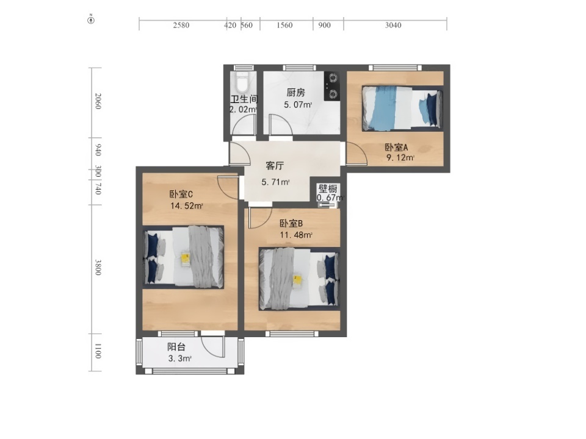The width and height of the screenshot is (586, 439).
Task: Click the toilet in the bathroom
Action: point(242,82)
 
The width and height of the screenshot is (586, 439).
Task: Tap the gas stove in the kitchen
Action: point(332,86)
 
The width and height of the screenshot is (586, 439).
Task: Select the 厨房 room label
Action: point(295,92)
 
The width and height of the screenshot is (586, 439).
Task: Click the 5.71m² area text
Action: point(275,182)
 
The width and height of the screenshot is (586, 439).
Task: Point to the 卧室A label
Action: point(396,147)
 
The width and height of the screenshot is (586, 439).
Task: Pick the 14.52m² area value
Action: point(187,205)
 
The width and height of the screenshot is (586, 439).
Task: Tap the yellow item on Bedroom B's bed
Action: point(297,279)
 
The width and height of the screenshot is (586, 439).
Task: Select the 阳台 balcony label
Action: point(176,347)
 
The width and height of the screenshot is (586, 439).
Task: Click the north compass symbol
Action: point(91,20)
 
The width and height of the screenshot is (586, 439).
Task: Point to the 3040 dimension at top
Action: point(393,25)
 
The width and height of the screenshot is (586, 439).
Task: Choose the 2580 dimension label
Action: point(181,25)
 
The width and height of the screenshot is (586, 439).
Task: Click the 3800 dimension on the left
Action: point(98,267)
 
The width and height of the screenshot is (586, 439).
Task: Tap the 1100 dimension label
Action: point(98,351)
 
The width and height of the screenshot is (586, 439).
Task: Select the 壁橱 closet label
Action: point(328,188)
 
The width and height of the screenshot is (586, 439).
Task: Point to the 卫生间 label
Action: point(244,99)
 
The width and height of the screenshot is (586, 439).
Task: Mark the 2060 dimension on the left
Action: point(98,101)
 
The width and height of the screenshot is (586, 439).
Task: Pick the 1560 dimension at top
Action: point(284,25)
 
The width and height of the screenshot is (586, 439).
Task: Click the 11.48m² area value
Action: point(296,235)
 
